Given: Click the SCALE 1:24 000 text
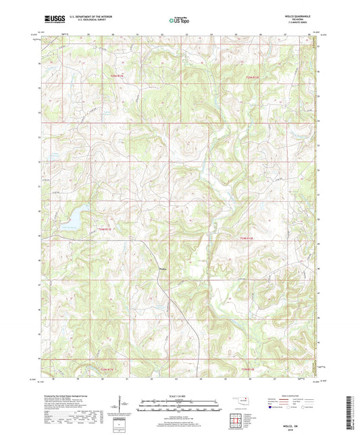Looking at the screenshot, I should click(180, 396).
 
